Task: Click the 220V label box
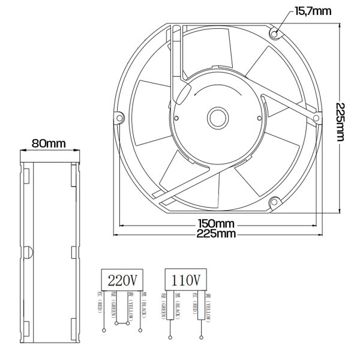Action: click(x=122, y=279)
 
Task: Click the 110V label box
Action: click(x=186, y=279)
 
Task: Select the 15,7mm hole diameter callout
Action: click(x=313, y=11)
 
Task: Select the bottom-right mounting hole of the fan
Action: click(x=275, y=202)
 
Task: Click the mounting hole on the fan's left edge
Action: click(x=119, y=118)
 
